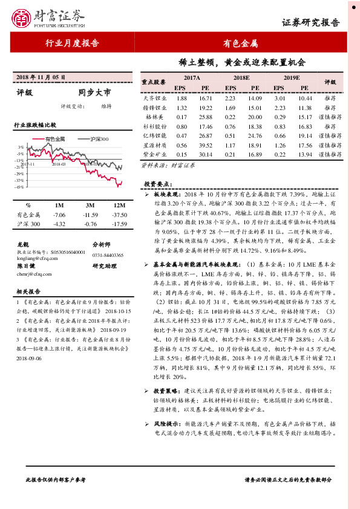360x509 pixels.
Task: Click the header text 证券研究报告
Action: coord(310,23)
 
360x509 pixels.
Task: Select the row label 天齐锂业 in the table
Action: coord(155,98)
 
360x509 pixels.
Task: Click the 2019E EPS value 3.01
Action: coord(280,98)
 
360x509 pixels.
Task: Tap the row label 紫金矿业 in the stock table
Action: coord(155,155)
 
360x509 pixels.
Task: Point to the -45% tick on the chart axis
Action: coord(20,187)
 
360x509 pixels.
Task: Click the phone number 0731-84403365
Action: coord(108,256)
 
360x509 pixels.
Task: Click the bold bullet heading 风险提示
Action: coord(166,424)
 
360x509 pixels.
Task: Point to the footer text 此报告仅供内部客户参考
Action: coord(55,479)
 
